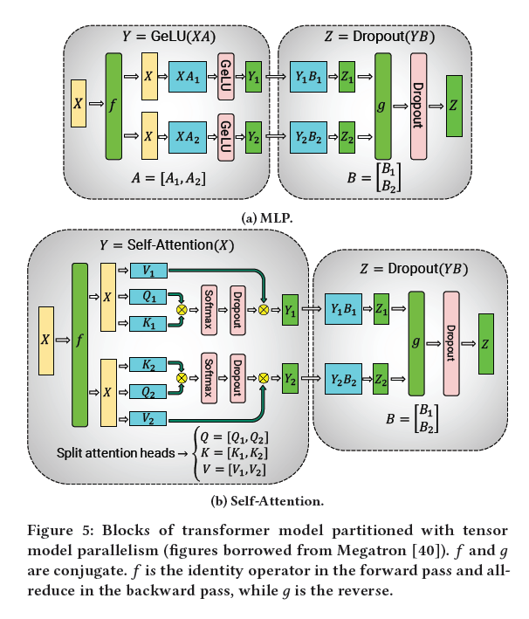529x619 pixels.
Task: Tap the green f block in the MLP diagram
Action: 113,106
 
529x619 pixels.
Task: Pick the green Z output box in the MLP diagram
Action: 454,106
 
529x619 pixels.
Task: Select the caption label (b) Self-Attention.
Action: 264,501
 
